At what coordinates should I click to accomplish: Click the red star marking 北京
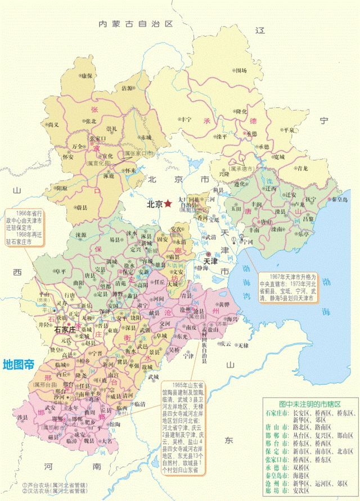pyautogui.click(x=168, y=205)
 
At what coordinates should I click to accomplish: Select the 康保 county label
pyautogui.click(x=86, y=75)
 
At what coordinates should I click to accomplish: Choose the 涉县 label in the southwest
pyautogui.click(x=23, y=417)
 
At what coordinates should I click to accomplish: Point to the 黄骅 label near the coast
pyautogui.click(x=224, y=304)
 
